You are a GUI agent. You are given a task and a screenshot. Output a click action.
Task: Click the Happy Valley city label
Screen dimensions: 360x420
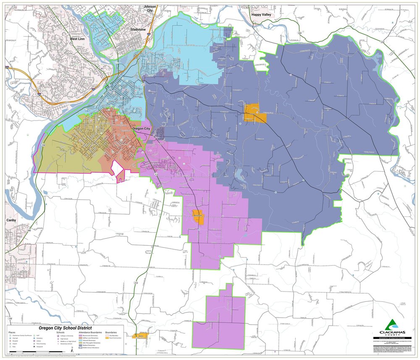coord(262,14)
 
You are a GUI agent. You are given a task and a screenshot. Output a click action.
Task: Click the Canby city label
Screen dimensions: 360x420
coord(11,220)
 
